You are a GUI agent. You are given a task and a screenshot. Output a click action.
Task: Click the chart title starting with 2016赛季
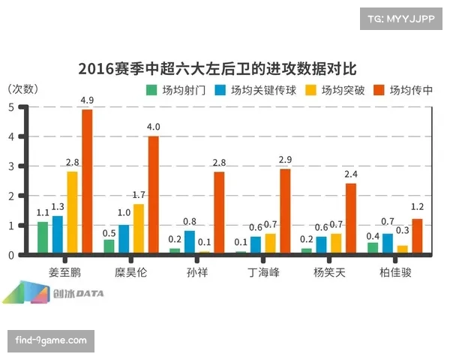pyautogui.click(x=217, y=69)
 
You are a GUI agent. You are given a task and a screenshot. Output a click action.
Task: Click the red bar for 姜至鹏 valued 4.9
pyautogui.click(x=87, y=182)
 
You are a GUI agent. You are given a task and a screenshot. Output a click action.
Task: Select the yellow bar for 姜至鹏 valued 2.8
pyautogui.click(x=72, y=213)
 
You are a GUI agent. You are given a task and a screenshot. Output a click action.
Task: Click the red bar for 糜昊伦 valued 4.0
pyautogui.click(x=153, y=196)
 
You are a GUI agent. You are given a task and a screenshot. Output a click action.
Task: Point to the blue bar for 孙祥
pyautogui.click(x=189, y=243)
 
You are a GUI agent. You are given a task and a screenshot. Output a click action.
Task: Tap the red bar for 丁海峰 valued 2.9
pyautogui.click(x=284, y=212)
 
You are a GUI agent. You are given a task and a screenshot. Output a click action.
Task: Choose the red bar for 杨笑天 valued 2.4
pyautogui.click(x=350, y=220)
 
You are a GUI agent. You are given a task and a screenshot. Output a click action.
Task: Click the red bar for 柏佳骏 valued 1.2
pyautogui.click(x=416, y=237)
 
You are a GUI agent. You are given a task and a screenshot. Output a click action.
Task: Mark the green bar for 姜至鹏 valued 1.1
pyautogui.click(x=43, y=238)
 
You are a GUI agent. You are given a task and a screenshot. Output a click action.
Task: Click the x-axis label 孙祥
pyautogui.click(x=197, y=271)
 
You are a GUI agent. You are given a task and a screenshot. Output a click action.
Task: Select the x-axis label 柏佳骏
pyautogui.click(x=394, y=271)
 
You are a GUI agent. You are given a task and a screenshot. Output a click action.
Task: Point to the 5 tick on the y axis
pyautogui.click(x=10, y=107)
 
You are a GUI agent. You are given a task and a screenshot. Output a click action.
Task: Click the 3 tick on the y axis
pyautogui.click(x=10, y=166)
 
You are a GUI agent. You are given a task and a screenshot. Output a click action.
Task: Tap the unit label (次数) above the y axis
pyautogui.click(x=22, y=88)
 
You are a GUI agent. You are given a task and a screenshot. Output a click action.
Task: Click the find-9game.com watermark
pyautogui.click(x=51, y=340)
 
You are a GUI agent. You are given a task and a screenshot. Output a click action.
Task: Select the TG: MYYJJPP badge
pyautogui.click(x=401, y=17)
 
